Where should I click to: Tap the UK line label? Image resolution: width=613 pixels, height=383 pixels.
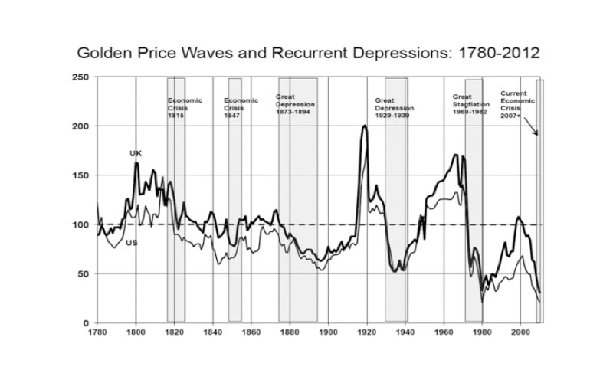click(x=136, y=154)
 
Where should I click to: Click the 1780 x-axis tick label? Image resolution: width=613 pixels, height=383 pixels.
click(x=97, y=333)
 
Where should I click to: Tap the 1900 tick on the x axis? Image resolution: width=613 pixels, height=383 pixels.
click(x=328, y=333)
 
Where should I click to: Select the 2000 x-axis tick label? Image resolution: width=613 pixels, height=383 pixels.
click(x=520, y=333)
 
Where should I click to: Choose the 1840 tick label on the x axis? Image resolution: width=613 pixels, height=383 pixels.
click(x=213, y=333)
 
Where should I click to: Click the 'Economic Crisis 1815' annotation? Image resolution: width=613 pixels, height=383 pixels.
click(x=178, y=108)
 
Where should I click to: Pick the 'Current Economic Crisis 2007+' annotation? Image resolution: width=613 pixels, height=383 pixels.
click(x=514, y=104)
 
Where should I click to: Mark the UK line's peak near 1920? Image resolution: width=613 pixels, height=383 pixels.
click(x=364, y=126)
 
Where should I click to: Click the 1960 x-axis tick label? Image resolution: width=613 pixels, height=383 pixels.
click(x=444, y=333)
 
